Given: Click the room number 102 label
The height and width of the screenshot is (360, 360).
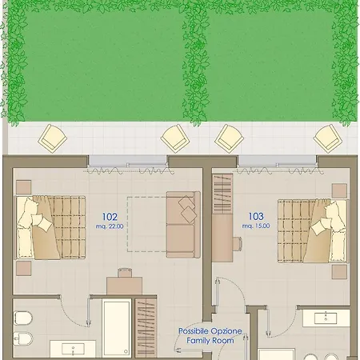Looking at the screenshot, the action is click(110, 217).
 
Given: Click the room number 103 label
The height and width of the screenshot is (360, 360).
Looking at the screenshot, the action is click(256, 216).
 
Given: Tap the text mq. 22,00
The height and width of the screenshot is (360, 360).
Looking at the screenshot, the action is click(110, 226).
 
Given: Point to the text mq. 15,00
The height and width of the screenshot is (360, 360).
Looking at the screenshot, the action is click(256, 226).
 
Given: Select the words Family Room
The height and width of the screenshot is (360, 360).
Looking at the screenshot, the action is click(210, 341).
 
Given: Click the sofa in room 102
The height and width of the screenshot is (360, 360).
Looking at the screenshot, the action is click(183, 225).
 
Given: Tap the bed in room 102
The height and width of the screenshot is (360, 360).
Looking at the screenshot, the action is click(50, 227).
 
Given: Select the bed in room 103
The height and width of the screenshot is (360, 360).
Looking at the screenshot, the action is click(313, 230).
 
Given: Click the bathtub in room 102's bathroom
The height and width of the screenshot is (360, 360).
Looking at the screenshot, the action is click(117, 328).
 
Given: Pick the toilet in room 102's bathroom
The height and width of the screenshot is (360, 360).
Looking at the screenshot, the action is click(23, 318).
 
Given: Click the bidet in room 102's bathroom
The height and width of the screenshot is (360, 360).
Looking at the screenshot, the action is click(23, 339).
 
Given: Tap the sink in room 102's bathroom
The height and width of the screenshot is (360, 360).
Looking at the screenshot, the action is click(73, 349).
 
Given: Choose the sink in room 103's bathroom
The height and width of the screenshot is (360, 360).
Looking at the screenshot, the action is click(326, 318).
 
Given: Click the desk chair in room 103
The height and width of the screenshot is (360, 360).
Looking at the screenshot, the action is click(238, 244).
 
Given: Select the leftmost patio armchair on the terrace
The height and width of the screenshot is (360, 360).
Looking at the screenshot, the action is click(53, 138).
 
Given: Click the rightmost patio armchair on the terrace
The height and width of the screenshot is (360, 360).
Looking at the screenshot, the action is click(327, 138).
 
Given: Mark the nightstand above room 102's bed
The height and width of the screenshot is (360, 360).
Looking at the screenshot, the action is click(24, 187).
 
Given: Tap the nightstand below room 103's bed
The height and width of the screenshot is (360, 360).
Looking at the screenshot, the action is click(339, 272).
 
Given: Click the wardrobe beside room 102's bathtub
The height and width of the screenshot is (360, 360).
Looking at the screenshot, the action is click(146, 328).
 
